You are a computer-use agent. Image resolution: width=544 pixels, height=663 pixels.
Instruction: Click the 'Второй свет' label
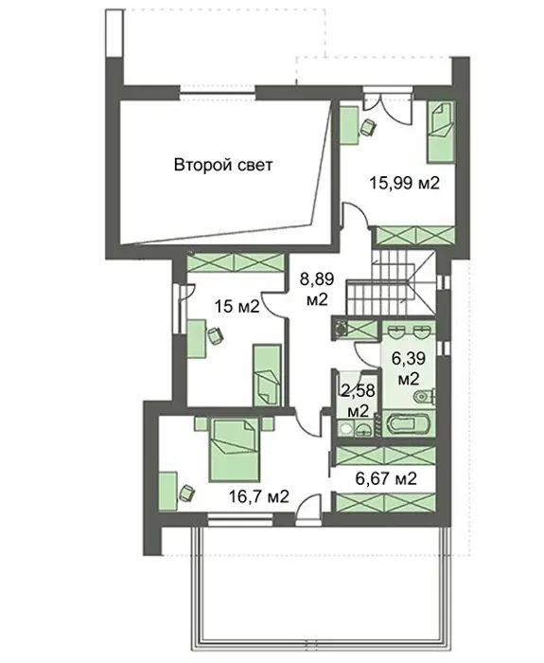pos(223,165)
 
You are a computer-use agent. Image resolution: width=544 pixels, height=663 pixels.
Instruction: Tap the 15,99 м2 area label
pos(405,183)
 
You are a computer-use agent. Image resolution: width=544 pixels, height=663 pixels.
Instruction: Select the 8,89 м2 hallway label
pos(317,289)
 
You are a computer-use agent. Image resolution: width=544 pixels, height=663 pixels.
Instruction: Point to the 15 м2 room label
pos(237,306)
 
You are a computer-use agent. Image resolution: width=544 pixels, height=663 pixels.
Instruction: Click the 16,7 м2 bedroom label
pos(259,496)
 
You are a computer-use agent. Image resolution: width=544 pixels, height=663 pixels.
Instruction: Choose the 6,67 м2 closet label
pos(386,478)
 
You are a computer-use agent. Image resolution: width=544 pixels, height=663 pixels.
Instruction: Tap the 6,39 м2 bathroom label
pos(408,368)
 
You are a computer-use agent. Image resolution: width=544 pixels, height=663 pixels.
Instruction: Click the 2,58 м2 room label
pos(359,401)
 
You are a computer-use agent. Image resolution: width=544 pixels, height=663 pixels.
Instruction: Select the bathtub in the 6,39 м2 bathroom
pos(409,423)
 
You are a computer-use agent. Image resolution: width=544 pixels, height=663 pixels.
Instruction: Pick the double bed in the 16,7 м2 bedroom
pos(234,449)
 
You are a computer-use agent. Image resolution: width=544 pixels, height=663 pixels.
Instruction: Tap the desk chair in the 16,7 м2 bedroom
pos(186,493)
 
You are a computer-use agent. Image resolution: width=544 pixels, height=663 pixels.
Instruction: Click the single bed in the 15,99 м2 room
pos(441,132)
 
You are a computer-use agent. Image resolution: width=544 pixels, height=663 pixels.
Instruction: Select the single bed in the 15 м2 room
pos(267,375)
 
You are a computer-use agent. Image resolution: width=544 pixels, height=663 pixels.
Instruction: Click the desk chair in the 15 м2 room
pos(216,335)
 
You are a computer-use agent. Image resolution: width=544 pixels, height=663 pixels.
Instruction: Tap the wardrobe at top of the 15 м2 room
pos(235,263)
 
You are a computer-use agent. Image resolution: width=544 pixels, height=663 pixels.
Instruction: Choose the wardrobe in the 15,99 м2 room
pos(415,236)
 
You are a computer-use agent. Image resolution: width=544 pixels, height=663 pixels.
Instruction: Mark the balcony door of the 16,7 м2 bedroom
pos(307,510)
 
